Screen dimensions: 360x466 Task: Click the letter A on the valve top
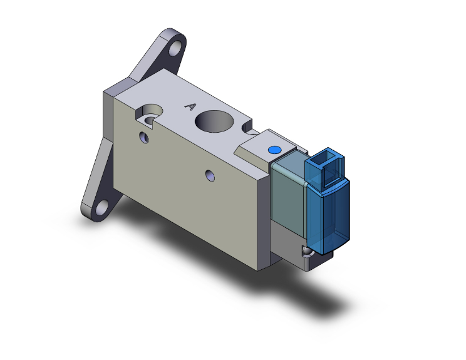(x=189, y=107)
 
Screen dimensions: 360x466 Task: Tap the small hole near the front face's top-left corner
(x=144, y=136)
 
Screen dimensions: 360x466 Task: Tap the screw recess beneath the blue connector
(x=306, y=251)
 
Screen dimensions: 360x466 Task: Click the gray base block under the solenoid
(x=285, y=244)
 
